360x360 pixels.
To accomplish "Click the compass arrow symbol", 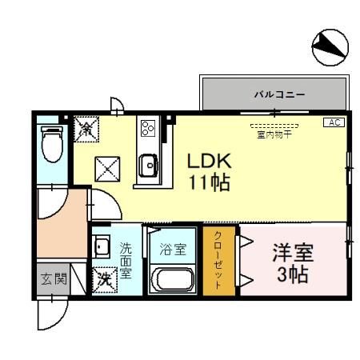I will click(x=329, y=48).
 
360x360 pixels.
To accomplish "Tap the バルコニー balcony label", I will click(x=279, y=94).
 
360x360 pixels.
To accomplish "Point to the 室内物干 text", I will click(x=274, y=134).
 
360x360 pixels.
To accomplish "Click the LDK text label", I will click(x=209, y=161).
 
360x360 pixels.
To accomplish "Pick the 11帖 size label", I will click(x=209, y=183).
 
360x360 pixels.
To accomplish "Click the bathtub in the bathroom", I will click(x=172, y=281).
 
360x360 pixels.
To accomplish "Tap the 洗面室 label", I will click(x=126, y=261).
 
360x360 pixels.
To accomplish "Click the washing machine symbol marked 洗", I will click(x=104, y=280).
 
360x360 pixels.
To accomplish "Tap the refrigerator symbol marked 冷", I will click(x=86, y=128).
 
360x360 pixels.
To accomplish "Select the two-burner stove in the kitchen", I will click(x=148, y=128).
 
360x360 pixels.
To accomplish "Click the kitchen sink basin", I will click(x=149, y=166).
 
